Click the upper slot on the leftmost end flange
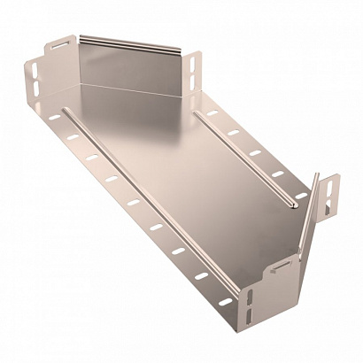tap(34, 68)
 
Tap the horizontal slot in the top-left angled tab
tap(59, 42)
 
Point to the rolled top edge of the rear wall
tap(133, 42)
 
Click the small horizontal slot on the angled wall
tap(282, 264)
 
